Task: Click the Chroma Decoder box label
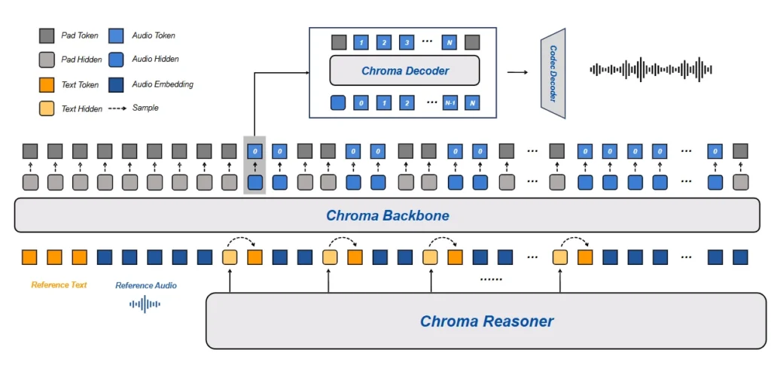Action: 404,71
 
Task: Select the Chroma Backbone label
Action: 387,216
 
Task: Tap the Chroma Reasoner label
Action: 486,321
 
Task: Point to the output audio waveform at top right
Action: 651,70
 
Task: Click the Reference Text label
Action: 59,285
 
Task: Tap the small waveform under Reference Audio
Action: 145,304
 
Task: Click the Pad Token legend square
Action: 47,35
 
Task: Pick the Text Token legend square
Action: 47,84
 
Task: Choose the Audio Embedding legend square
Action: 117,84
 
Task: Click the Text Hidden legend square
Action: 47,108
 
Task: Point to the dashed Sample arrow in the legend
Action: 117,108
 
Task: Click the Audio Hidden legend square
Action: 117,59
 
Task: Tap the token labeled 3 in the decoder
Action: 407,42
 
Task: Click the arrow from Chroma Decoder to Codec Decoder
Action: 517,72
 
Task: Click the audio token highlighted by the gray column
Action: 254,151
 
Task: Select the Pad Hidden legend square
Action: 47,59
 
